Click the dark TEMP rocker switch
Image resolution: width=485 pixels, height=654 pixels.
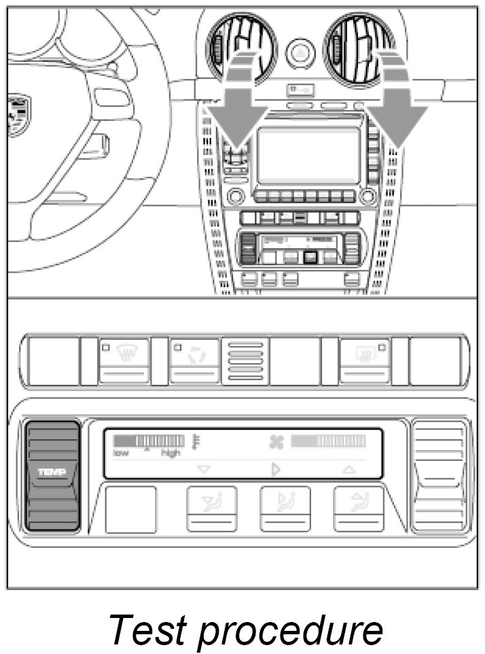click(x=52, y=474)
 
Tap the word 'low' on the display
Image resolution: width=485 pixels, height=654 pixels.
click(x=121, y=453)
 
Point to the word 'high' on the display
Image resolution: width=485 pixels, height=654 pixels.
click(x=170, y=453)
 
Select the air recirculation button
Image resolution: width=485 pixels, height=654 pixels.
click(x=195, y=360)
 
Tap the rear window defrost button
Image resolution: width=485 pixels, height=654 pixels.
click(x=365, y=360)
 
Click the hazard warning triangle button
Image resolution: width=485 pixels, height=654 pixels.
click(x=300, y=52)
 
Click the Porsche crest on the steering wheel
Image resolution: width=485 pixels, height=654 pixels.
click(x=18, y=115)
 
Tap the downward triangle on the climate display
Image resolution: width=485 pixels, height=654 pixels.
click(x=202, y=469)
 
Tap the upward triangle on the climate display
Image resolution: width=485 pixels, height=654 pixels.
click(x=348, y=469)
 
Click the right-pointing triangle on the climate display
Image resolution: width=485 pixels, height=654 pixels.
click(x=276, y=469)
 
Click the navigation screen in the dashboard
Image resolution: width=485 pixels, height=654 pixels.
click(x=308, y=156)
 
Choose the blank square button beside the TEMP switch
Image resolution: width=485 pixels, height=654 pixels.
click(x=130, y=509)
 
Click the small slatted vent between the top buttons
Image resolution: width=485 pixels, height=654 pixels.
click(x=245, y=360)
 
